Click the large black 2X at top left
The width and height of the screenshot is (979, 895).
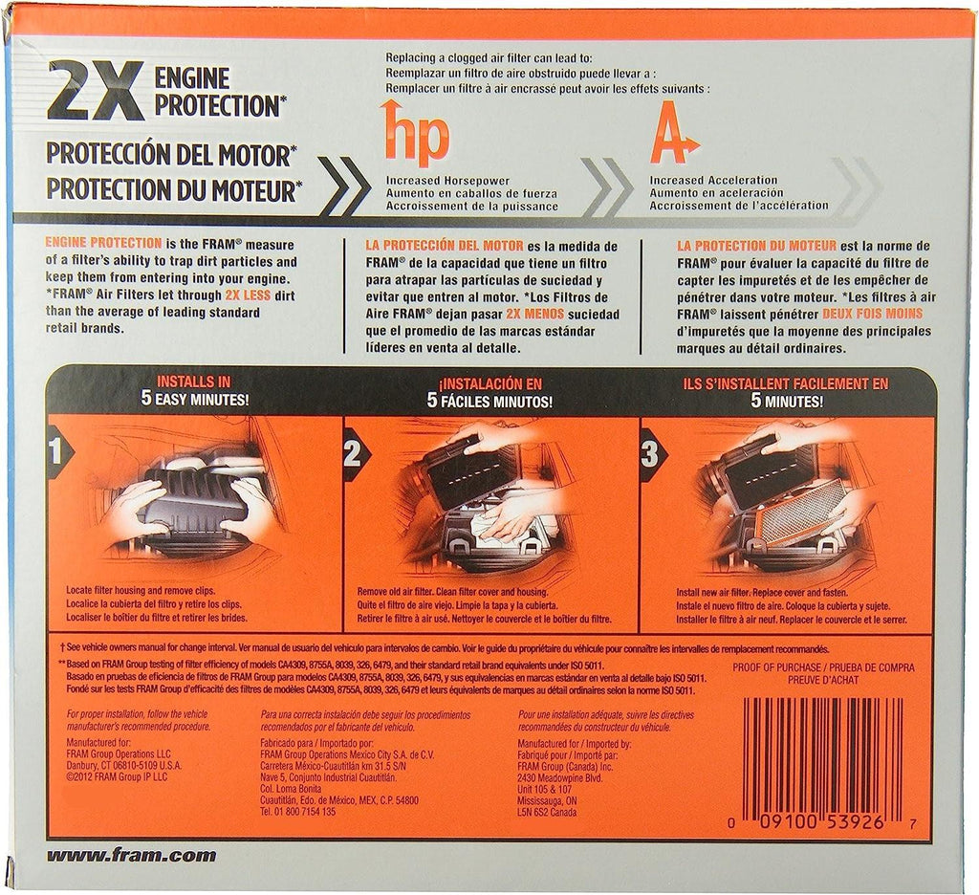[95, 93]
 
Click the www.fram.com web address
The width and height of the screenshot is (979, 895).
[131, 855]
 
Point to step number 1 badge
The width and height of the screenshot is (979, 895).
[57, 452]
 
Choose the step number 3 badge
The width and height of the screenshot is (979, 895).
[650, 454]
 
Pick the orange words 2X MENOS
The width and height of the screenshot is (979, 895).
[535, 315]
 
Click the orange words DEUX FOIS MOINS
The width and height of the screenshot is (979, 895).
[872, 314]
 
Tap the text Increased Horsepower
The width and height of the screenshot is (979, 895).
[447, 181]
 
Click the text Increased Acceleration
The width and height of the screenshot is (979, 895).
[713, 180]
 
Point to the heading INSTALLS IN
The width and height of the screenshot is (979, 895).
[193, 382]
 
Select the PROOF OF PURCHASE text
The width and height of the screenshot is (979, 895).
[776, 667]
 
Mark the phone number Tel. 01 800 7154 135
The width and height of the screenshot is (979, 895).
[298, 811]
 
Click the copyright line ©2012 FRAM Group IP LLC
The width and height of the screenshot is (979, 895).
[117, 777]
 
